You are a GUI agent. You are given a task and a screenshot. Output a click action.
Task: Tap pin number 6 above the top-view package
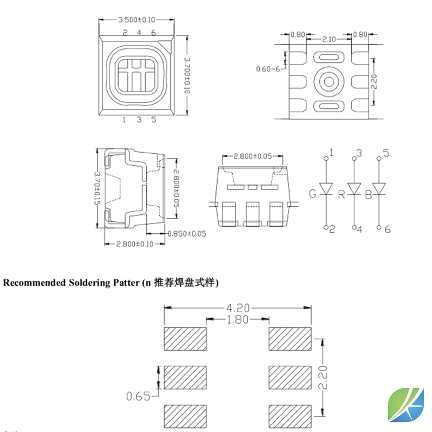click(x=153, y=33)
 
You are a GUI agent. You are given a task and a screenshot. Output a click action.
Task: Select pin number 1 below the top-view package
click(x=124, y=120)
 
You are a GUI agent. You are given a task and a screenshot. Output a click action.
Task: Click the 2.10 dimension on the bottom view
click(x=329, y=39)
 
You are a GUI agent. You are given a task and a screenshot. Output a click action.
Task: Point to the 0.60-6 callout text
click(x=268, y=70)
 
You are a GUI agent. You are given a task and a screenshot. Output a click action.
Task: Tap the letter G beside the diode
click(x=313, y=194)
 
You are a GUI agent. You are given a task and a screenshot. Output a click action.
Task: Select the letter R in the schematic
click(x=341, y=194)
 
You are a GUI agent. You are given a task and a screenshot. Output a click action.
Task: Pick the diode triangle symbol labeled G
click(x=327, y=189)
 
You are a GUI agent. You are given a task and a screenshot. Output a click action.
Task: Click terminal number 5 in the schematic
click(x=386, y=153)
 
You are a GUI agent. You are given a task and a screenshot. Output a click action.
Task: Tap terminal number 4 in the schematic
click(x=359, y=229)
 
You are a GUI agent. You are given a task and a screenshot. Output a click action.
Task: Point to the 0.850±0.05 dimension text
click(x=186, y=234)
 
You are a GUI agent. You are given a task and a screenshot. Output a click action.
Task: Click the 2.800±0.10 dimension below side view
click(x=134, y=244)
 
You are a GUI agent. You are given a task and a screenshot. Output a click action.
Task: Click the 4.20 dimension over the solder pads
click(x=238, y=308)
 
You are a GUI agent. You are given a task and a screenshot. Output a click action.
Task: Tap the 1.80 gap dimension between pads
click(x=238, y=319)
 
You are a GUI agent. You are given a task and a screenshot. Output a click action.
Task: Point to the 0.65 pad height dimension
click(x=138, y=396)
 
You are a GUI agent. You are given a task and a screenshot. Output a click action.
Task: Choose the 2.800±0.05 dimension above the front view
click(x=253, y=157)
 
